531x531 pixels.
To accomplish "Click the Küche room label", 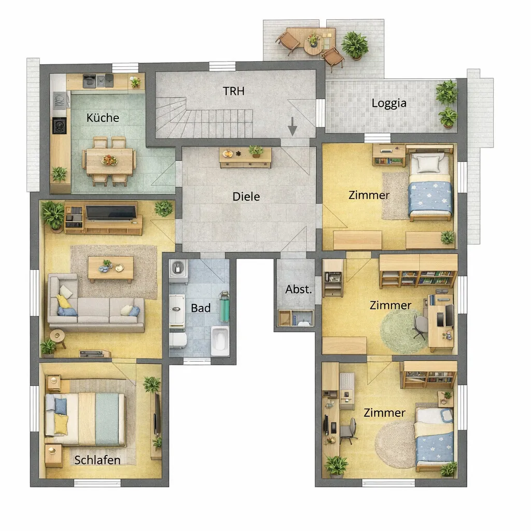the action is pyautogui.click(x=103, y=118).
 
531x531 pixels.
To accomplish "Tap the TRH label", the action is pyautogui.click(x=233, y=91).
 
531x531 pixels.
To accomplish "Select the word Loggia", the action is pyautogui.click(x=389, y=103).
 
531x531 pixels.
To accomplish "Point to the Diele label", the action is pyautogui.click(x=246, y=197).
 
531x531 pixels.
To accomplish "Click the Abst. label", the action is pyautogui.click(x=298, y=289).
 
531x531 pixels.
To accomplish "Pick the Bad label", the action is pyautogui.click(x=201, y=308).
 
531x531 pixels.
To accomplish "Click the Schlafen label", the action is pyautogui.click(x=97, y=460).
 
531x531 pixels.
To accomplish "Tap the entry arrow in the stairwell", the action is pyautogui.click(x=292, y=127).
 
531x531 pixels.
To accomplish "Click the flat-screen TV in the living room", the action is pyautogui.click(x=111, y=212).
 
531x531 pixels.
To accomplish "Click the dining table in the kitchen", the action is pyautogui.click(x=109, y=161).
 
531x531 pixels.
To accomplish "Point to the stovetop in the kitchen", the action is pyautogui.click(x=59, y=125).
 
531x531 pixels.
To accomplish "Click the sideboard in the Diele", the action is pyautogui.click(x=245, y=158).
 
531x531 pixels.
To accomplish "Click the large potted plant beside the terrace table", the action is pyautogui.click(x=355, y=46).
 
